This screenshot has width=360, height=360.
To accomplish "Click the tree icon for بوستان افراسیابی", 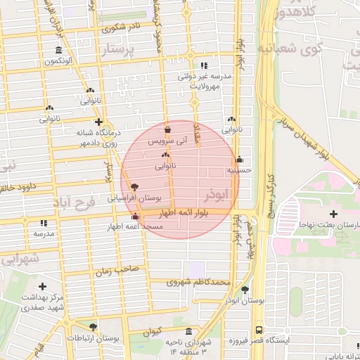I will (135, 186).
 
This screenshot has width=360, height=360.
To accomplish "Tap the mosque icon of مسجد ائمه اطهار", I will (135, 217).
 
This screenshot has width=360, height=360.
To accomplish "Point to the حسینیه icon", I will (240, 159).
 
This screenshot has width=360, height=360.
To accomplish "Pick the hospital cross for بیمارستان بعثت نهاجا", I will (333, 213).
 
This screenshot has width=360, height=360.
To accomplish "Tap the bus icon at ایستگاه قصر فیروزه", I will (259, 329).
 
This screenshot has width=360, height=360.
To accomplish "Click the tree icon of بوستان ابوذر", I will (245, 289).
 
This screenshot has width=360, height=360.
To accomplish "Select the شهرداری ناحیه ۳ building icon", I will (188, 332).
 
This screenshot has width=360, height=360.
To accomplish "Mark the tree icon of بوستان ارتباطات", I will (93, 327).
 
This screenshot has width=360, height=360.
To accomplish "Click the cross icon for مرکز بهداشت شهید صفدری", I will (43, 286).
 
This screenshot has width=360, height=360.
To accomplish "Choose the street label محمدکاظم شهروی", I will (199, 283).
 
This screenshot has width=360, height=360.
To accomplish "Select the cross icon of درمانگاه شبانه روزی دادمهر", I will (98, 121).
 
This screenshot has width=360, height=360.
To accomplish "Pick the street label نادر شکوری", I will (120, 29).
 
